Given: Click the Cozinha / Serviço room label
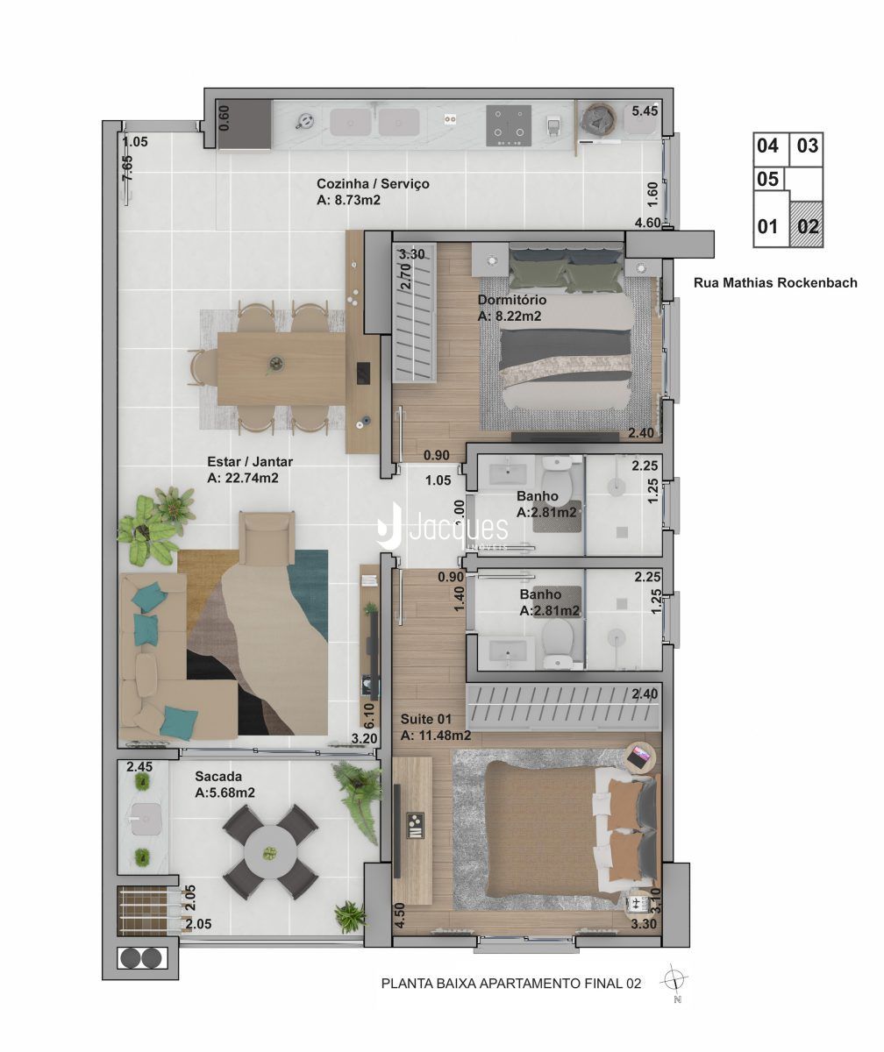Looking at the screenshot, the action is [373, 183].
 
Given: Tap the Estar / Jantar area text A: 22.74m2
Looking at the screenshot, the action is [242, 478].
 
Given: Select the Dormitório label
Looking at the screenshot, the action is [511, 300].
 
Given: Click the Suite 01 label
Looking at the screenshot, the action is [426, 719].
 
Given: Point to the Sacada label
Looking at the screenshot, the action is [218, 777].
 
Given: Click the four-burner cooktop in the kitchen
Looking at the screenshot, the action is [509, 126].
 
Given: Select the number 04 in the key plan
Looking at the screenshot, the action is [767, 146].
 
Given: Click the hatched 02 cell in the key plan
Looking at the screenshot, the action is [806, 224].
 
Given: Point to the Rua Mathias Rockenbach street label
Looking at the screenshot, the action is [775, 282].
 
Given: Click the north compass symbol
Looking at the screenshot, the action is [674, 981].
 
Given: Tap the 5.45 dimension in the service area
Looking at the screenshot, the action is [645, 110].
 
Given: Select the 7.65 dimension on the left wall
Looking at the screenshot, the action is [127, 167].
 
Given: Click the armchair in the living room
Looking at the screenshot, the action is [267, 538].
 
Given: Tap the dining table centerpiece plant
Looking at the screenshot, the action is [275, 364].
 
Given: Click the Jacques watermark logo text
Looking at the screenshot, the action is [458, 528].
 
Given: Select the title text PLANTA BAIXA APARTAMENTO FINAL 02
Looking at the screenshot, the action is [511, 984].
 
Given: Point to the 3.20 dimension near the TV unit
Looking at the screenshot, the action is [364, 739].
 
